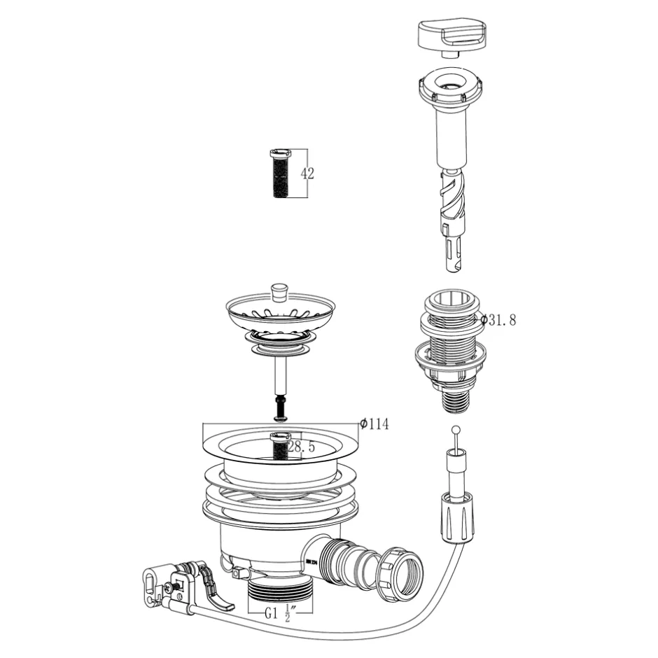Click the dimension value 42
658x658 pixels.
point(307,174)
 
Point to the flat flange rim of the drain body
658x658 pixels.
point(280,448)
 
